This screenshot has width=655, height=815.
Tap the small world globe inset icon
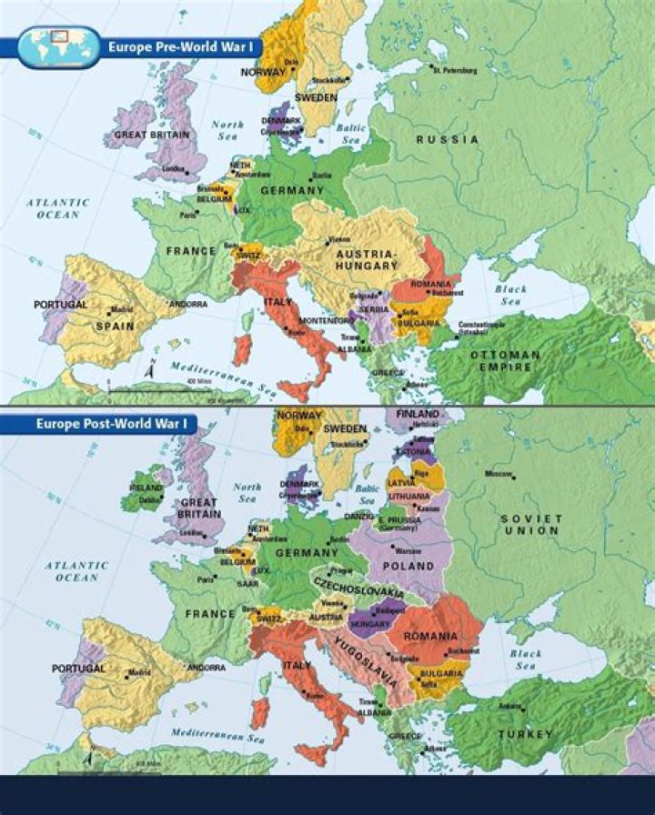coord(58,45)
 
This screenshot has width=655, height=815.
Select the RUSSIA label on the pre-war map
coord(447,139)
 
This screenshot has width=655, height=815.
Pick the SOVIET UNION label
coord(531,524)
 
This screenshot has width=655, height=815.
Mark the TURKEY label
coord(525,733)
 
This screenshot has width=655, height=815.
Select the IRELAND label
coord(146,488)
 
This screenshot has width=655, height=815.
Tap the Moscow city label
coord(499,474)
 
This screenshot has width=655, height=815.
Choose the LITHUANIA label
coord(408,497)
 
